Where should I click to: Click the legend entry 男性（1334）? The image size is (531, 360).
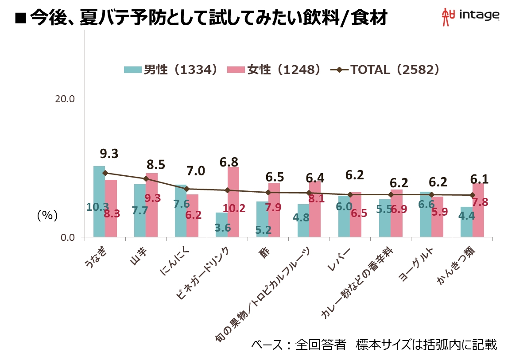pyautogui.click(x=171, y=70)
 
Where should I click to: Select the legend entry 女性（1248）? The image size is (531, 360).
pyautogui.click(x=274, y=70)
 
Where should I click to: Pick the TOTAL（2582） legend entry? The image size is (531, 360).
pyautogui.click(x=386, y=70)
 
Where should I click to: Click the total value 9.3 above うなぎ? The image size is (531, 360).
pyautogui.click(x=109, y=154)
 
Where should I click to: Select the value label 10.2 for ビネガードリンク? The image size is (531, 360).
pyautogui.click(x=234, y=209)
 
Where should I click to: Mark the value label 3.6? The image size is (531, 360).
pyautogui.click(x=222, y=228)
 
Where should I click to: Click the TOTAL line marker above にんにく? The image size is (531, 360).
pyautogui.click(x=186, y=189)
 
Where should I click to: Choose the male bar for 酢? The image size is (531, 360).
pyautogui.click(x=262, y=219)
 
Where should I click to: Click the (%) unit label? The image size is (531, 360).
pyautogui.click(x=47, y=216)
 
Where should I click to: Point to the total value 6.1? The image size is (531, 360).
pyautogui.click(x=480, y=179)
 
